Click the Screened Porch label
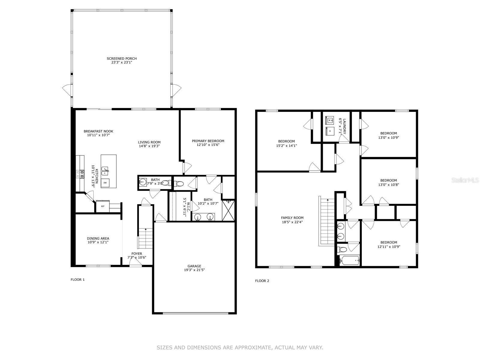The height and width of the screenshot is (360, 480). [121, 58]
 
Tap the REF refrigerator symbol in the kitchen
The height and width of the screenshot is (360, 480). [103, 206]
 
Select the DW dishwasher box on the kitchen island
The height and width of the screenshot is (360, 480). [105, 183]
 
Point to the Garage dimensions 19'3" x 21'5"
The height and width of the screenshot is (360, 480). [194, 270]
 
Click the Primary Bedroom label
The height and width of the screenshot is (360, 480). [208, 141]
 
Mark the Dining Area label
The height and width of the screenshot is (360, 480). [98, 238]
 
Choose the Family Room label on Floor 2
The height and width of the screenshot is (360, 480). [292, 218]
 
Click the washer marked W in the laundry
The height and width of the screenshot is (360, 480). [329, 120]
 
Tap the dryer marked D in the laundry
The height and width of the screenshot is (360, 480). [330, 131]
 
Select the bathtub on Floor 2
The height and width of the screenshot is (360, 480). [349, 260]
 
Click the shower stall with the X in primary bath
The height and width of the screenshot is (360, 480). [228, 211]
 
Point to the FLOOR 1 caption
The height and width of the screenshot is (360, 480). [78, 280]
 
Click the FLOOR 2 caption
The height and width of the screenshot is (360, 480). [262, 281]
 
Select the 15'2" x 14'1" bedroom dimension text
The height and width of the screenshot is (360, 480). [286, 145]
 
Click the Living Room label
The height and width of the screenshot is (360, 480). [149, 142]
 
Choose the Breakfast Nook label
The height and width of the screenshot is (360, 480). [98, 131]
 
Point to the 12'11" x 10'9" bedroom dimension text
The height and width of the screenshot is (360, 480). [388, 247]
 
